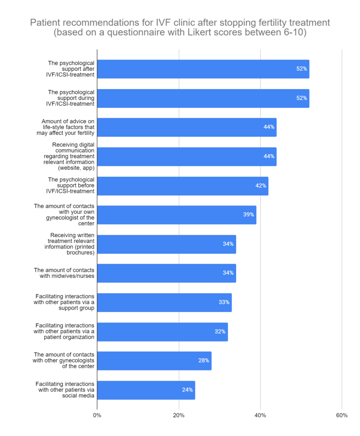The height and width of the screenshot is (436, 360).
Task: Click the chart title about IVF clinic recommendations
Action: coord(180,27)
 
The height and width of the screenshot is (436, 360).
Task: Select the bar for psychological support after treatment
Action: coord(203,69)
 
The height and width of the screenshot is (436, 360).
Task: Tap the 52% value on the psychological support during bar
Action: coord(302,98)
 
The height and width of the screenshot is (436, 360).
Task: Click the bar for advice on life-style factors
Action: coord(187,127)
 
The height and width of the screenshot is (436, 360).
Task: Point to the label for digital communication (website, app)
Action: coord(69,156)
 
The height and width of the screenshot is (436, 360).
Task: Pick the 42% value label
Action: coord(261,186)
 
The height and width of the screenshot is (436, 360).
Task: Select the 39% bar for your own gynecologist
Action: coord(177,215)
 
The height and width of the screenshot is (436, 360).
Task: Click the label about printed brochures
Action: coord(69,244)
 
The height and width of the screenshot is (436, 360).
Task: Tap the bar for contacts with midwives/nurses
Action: coord(167,273)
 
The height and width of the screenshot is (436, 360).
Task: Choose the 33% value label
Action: coord(224,302)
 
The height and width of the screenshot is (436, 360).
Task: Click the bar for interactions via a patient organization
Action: coord(162,332)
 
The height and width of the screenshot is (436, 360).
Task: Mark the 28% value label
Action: coord(204,361)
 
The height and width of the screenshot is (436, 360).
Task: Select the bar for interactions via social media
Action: coord(146,390)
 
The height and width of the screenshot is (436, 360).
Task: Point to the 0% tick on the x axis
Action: coord(97,416)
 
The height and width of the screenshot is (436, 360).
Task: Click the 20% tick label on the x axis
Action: coord(179,416)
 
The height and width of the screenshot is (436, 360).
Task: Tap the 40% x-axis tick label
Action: coord(260,416)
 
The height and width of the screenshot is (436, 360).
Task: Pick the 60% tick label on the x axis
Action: coord(342,416)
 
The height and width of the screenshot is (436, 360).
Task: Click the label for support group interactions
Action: coord(64,302)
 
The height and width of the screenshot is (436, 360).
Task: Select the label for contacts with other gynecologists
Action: coord(63,361)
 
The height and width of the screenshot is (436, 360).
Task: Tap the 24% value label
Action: coord(187,390)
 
